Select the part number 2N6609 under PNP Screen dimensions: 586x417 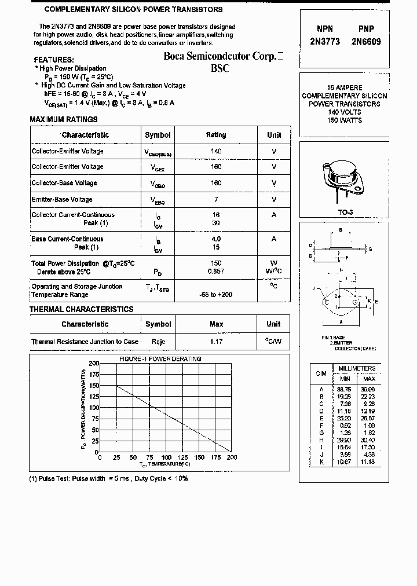[x=366, y=42]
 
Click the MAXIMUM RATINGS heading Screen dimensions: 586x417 [x=64, y=119]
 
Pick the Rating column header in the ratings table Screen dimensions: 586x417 [x=216, y=135]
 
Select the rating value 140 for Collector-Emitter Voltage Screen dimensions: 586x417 [x=216, y=151]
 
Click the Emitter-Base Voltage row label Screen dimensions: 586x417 [x=62, y=200]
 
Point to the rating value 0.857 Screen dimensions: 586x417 [x=216, y=272]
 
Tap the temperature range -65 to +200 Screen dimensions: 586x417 [x=216, y=295]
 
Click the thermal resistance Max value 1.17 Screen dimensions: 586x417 [x=216, y=342]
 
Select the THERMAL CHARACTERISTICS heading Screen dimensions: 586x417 [x=81, y=310]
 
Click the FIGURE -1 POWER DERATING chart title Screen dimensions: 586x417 [x=160, y=359]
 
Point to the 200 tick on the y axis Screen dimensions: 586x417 [x=94, y=363]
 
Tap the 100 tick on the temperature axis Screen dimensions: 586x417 [x=166, y=457]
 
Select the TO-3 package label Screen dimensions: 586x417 [x=345, y=213]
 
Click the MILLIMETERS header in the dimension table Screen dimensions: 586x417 [x=357, y=368]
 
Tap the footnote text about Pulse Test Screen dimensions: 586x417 [x=108, y=478]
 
